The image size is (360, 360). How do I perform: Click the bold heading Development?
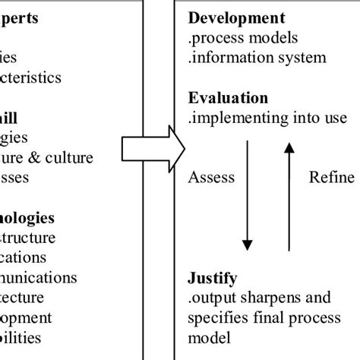click(237, 17)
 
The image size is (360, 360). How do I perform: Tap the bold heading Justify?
click(213, 277)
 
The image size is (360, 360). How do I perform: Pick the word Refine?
click(331, 178)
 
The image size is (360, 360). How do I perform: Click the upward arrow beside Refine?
click(288, 197)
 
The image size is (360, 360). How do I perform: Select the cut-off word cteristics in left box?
click(41, 77)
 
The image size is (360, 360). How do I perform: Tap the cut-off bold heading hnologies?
click(27, 218)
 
